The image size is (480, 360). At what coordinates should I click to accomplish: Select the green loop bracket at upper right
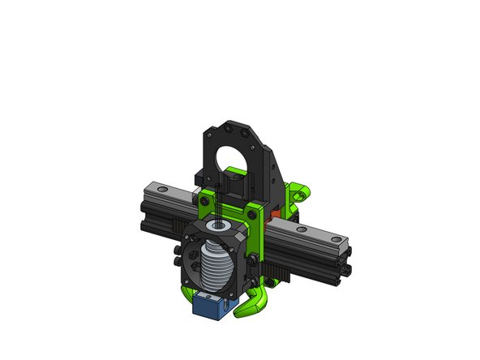(x=301, y=194)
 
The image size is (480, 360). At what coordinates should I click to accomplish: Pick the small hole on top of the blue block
(x=208, y=299)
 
